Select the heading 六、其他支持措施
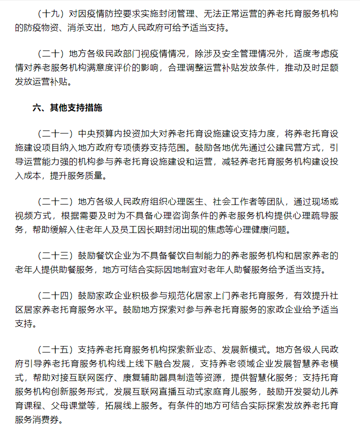(x=67, y=107)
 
